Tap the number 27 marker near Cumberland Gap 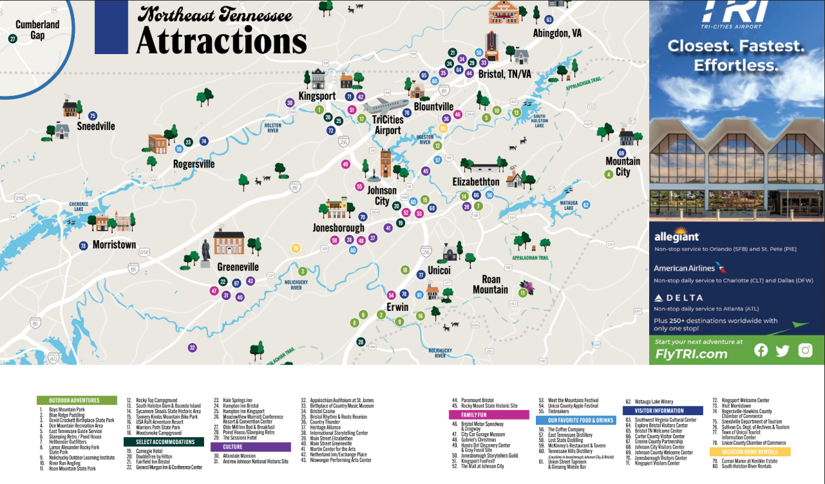point(13,39)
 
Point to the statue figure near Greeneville point(205,250)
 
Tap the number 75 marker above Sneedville point(93,116)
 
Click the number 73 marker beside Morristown point(83,246)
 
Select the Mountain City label point(622,166)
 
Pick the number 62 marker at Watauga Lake point(585,205)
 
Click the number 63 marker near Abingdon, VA point(549,20)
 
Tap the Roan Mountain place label point(491,284)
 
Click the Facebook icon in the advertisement point(761,350)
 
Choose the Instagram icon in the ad point(805,350)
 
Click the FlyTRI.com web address point(691,353)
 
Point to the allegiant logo point(676,237)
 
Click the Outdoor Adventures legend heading point(77,400)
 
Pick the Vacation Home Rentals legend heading point(745,452)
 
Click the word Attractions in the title point(221,41)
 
